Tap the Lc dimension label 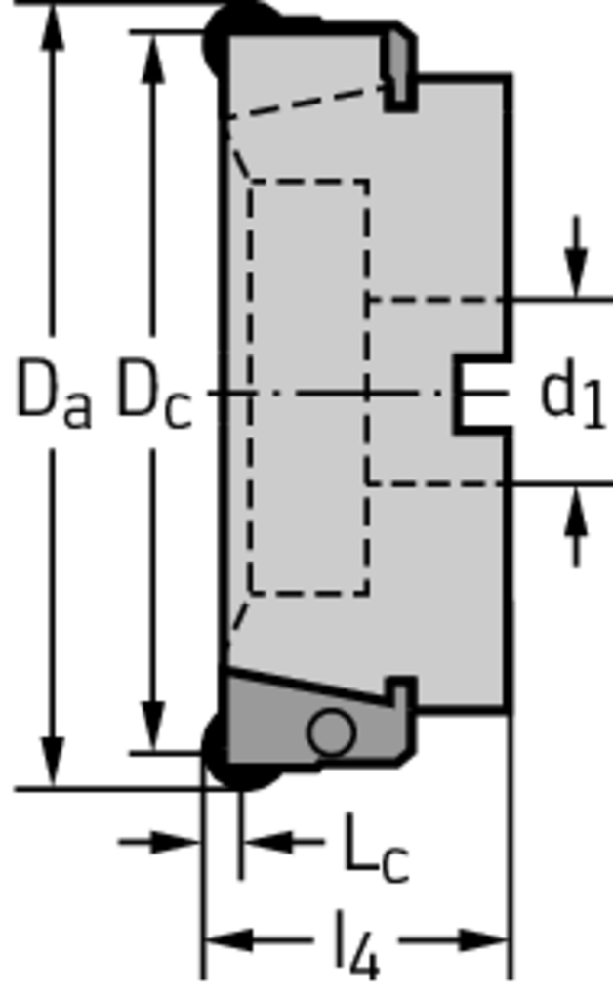click(376, 849)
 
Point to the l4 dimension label click(357, 945)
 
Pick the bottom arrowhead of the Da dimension click(53, 762)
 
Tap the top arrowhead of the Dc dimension click(153, 58)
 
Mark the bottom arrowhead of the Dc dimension click(153, 726)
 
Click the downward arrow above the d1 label click(577, 257)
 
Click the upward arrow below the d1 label click(577, 526)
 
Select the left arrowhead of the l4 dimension click(227, 940)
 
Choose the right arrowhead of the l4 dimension click(485, 940)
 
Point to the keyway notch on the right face click(482, 395)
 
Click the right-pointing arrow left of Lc click(159, 842)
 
